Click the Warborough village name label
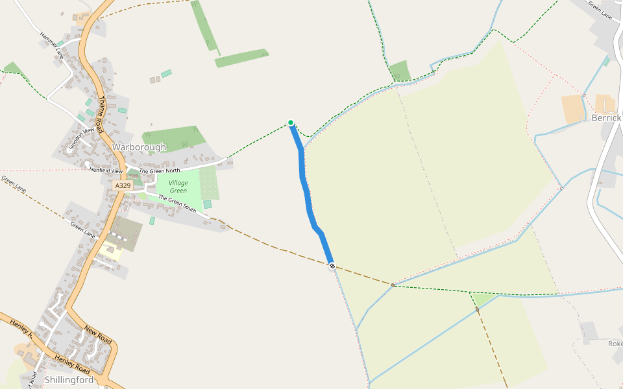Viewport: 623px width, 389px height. [x=139, y=147]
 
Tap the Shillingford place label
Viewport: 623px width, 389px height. [x=69, y=379]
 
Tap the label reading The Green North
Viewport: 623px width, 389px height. [x=160, y=171]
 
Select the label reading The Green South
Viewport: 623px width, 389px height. [x=177, y=204]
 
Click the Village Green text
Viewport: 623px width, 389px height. [x=178, y=187]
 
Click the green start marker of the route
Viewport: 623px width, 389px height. [x=291, y=123]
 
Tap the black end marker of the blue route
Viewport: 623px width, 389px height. [x=332, y=266]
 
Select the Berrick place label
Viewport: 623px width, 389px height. [x=606, y=118]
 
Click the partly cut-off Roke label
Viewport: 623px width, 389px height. [x=615, y=344]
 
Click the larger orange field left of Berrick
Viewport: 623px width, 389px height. [x=573, y=110]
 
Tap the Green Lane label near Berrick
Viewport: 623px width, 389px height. [x=600, y=10]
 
